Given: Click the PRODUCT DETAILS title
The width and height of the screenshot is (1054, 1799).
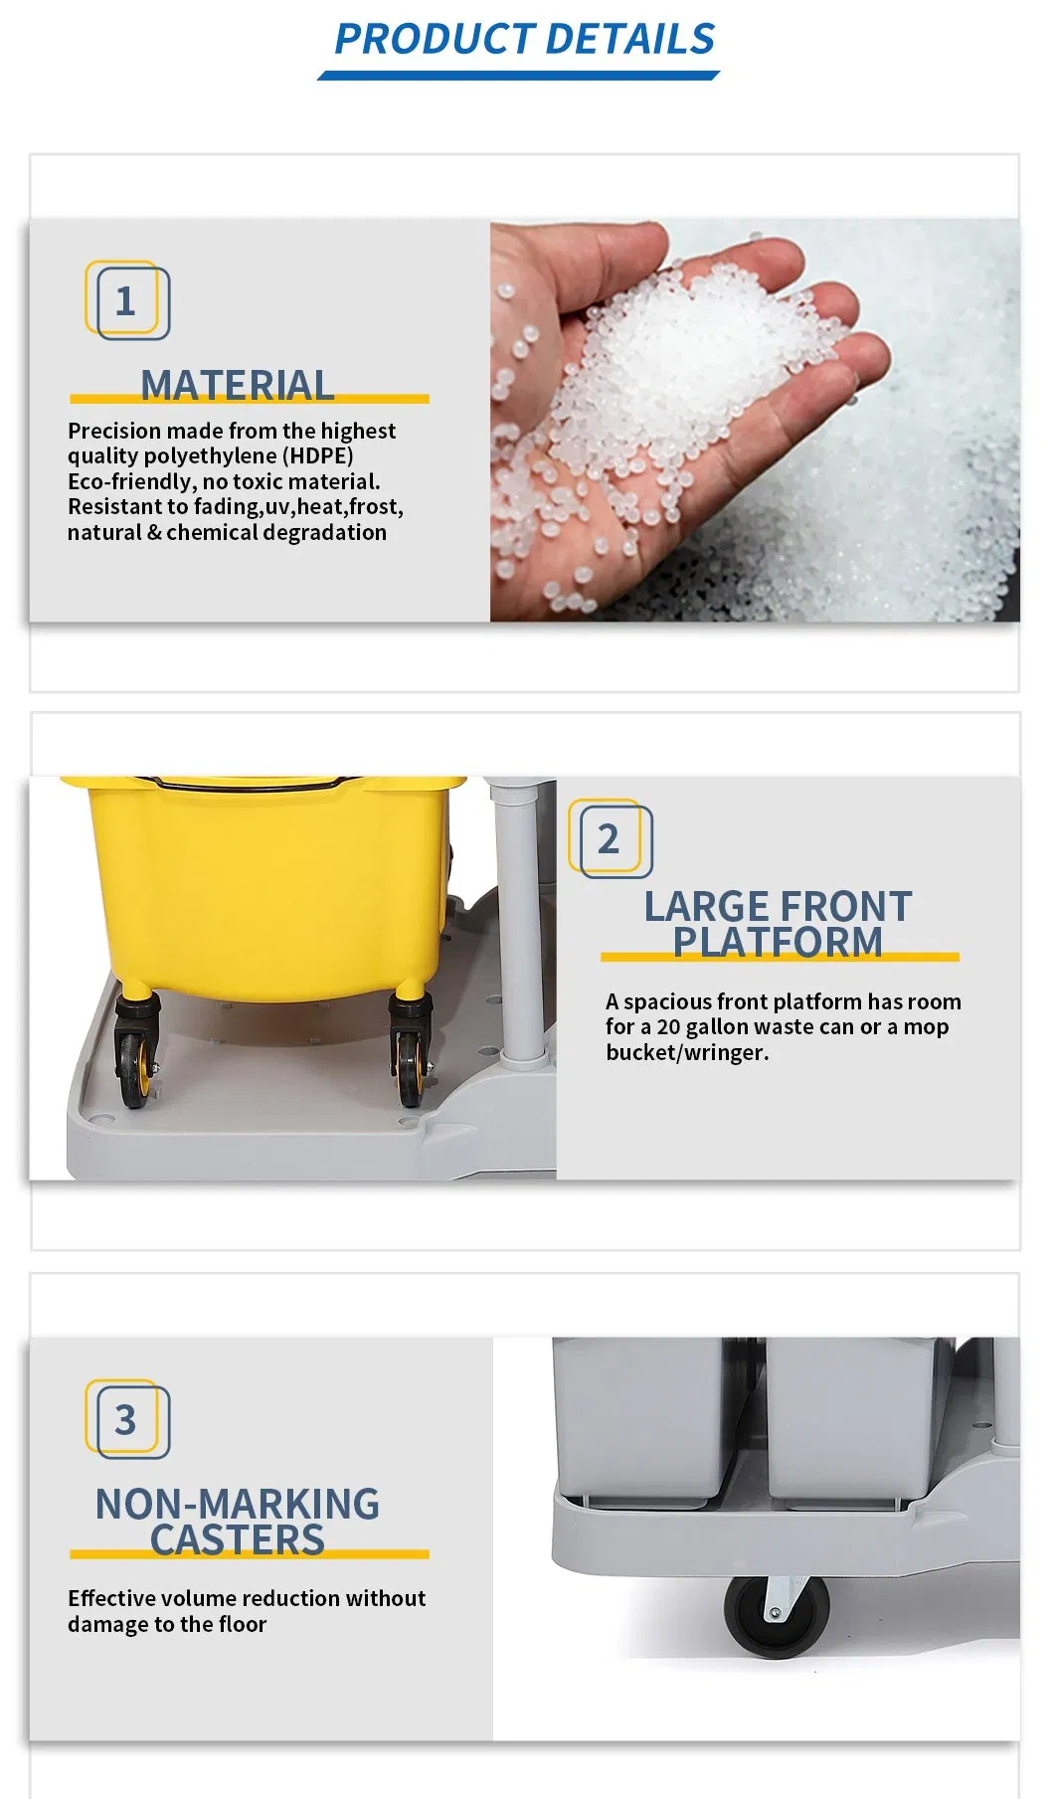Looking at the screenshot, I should [524, 39].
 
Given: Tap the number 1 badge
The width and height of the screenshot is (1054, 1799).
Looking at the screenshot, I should [126, 300].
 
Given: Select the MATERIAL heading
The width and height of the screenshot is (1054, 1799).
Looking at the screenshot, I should [237, 385].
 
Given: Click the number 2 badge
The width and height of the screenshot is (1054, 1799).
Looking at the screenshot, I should [610, 839].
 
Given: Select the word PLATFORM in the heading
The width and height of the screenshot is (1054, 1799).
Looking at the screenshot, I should [778, 942].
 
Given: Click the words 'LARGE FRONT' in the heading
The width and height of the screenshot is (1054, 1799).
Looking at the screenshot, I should [778, 906].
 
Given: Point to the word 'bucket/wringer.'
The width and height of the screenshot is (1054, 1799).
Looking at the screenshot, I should [687, 1053].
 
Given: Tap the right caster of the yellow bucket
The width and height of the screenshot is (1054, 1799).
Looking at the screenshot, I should [409, 1054].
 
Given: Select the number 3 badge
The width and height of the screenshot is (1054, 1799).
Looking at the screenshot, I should [126, 1420].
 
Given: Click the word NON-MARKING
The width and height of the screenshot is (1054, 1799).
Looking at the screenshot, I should [237, 1504].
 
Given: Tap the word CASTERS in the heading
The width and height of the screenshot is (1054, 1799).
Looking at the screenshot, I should [237, 1539].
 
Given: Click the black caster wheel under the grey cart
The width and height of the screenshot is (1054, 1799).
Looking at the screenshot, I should [776, 1616].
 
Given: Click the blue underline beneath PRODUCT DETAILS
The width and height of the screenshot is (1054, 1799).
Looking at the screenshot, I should [518, 76].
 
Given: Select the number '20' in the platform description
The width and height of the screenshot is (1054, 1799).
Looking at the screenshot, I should [668, 1027].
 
